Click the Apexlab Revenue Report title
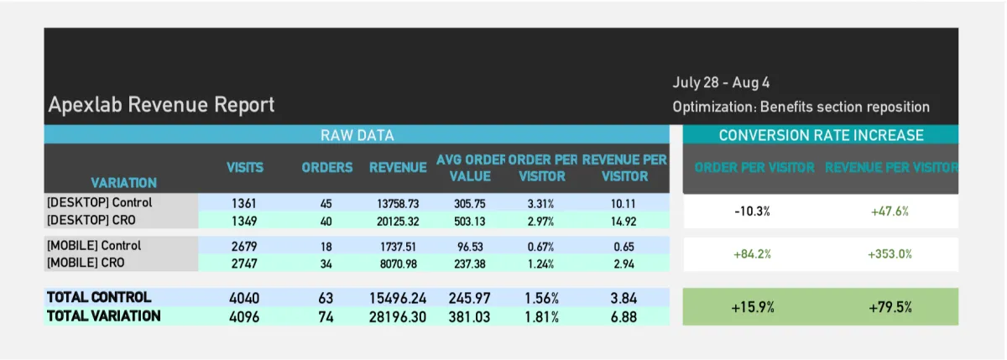click(x=161, y=105)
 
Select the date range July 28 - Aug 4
click(x=721, y=82)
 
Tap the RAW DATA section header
click(x=357, y=135)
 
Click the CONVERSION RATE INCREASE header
click(x=820, y=135)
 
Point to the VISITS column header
click(x=245, y=167)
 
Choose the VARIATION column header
click(x=123, y=182)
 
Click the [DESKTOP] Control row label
click(x=100, y=202)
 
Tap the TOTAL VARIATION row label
click(x=103, y=316)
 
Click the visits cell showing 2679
click(x=245, y=246)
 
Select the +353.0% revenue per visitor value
click(x=890, y=254)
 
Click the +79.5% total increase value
click(x=890, y=307)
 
